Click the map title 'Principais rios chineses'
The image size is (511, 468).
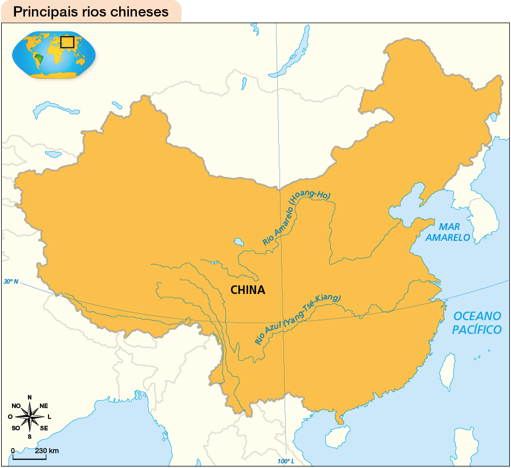(91, 12)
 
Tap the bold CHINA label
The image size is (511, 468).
(248, 290)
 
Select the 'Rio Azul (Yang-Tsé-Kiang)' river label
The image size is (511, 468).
(297, 320)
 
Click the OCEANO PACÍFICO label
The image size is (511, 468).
(476, 323)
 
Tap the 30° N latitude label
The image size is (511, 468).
(11, 281)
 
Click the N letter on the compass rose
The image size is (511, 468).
(30, 398)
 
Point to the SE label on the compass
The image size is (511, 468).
(44, 427)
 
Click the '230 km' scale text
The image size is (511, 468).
(47, 451)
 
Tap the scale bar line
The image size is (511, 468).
(29, 458)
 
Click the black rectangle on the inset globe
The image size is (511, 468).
(67, 42)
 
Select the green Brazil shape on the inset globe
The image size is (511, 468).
(38, 58)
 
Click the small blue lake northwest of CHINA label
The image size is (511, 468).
(238, 242)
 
